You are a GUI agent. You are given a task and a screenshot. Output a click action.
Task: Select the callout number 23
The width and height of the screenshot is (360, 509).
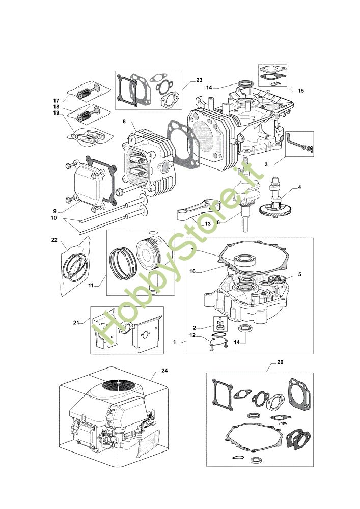(199, 80)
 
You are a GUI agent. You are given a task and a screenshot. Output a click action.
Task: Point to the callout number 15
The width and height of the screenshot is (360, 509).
(301, 91)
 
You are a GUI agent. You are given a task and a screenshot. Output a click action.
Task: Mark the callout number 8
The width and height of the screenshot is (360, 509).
(124, 122)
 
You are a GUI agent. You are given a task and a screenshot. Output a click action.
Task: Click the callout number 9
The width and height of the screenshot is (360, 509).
(55, 211)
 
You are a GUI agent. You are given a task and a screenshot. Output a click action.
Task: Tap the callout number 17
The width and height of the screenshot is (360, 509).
(56, 100)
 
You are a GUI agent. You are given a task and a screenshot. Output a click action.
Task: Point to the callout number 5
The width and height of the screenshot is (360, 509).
(300, 275)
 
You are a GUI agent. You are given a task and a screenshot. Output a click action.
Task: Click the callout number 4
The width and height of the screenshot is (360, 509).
(299, 187)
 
